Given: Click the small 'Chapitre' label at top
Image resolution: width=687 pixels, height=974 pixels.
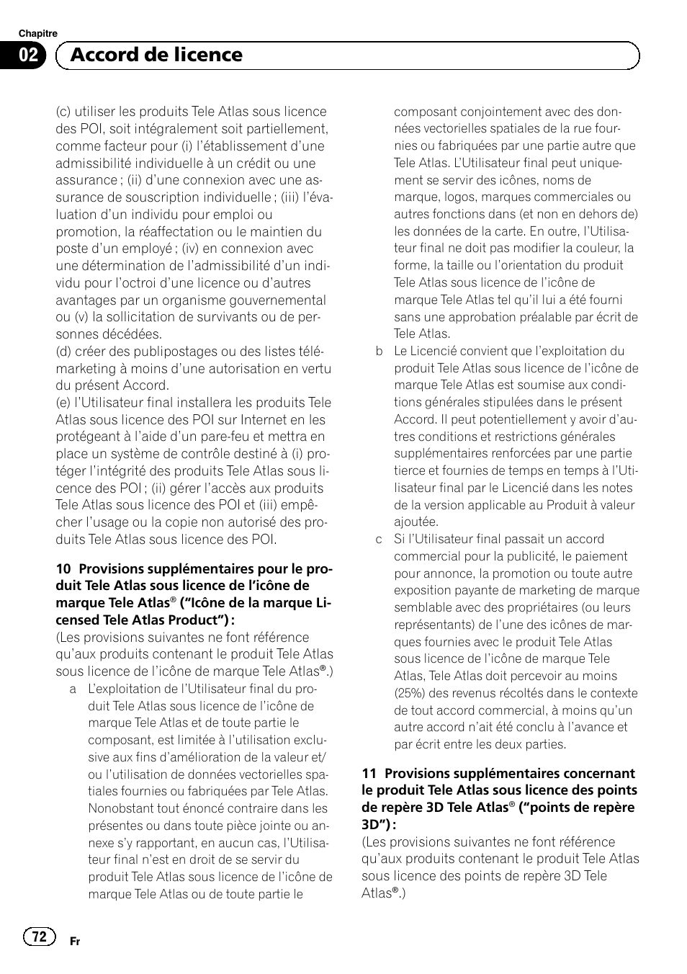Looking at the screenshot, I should click(37, 33).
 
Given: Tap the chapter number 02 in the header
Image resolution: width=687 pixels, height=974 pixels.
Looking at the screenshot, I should click(29, 55).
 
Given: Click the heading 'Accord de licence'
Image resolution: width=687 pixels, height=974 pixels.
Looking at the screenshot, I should click(157, 55).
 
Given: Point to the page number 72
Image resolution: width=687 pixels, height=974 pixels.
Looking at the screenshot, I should click(39, 936).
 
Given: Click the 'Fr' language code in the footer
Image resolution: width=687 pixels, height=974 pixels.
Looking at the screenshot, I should click(74, 942).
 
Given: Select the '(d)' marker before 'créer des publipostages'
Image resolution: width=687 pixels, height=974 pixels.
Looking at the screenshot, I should click(64, 352).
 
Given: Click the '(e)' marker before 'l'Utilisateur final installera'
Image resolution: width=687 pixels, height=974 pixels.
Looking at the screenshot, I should click(64, 403).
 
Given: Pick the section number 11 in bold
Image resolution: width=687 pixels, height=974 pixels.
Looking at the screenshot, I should click(369, 774).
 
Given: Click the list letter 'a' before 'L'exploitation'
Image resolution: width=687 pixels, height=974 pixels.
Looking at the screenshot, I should click(73, 689).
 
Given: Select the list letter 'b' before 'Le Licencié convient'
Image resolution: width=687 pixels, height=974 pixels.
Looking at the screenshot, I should click(379, 352).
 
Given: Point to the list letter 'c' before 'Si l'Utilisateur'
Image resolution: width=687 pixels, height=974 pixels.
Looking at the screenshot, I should click(379, 540).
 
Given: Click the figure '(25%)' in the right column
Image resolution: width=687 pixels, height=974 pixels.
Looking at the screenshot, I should click(410, 693).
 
